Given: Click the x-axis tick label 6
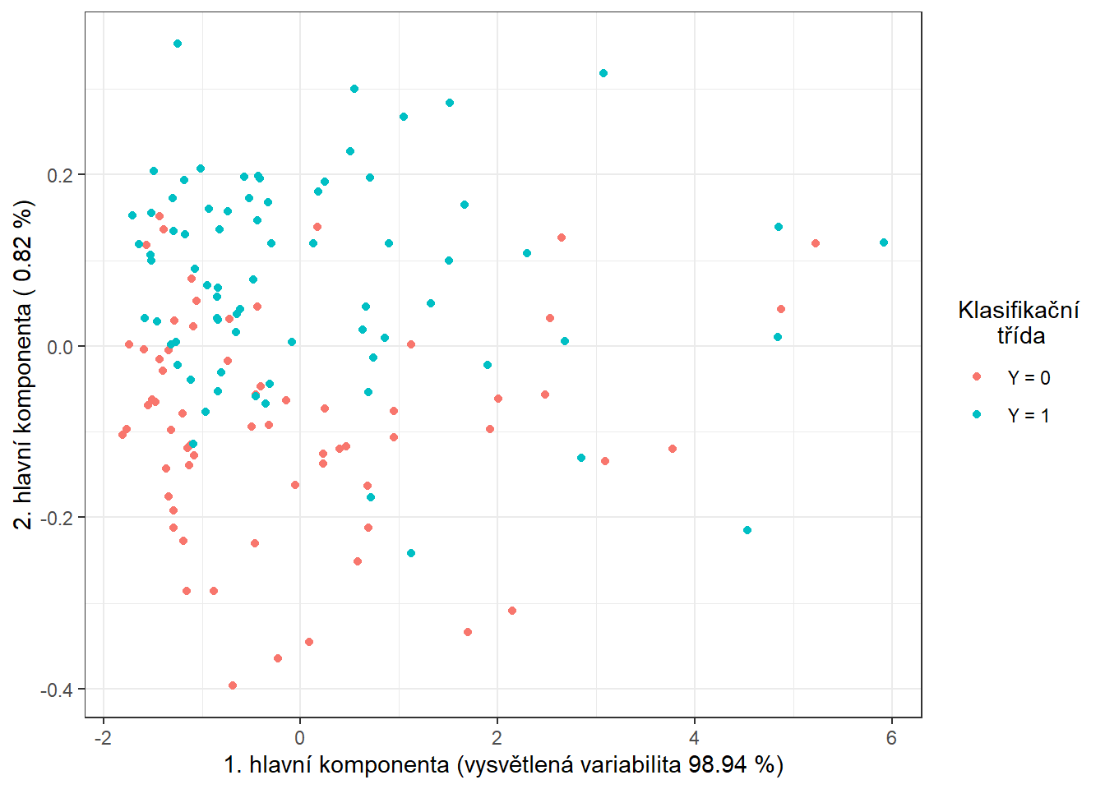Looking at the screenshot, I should pyautogui.click(x=891, y=737).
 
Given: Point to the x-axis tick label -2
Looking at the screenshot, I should pyautogui.click(x=103, y=737).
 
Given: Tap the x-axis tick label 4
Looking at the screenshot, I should pyautogui.click(x=695, y=737).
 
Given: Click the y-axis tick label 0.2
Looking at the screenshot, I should pyautogui.click(x=62, y=175).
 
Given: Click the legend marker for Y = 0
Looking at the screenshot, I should pyautogui.click(x=977, y=376).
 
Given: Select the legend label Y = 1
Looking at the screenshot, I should pyautogui.click(x=1029, y=416).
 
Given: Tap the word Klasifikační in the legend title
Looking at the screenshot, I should pyautogui.click(x=1019, y=310).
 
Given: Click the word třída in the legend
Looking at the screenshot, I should pyautogui.click(x=1021, y=335).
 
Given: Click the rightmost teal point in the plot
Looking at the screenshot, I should pyautogui.click(x=884, y=242).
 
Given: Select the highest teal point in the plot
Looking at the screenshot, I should pyautogui.click(x=178, y=44).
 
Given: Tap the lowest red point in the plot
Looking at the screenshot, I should pyautogui.click(x=233, y=685).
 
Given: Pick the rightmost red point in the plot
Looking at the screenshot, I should pyautogui.click(x=816, y=243).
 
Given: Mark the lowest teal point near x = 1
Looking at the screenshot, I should pyautogui.click(x=411, y=553).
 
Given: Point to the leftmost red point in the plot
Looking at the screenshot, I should pyautogui.click(x=123, y=434).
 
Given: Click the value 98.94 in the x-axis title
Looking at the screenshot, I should pyautogui.click(x=717, y=765).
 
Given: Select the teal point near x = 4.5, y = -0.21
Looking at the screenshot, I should pyautogui.click(x=747, y=530).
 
